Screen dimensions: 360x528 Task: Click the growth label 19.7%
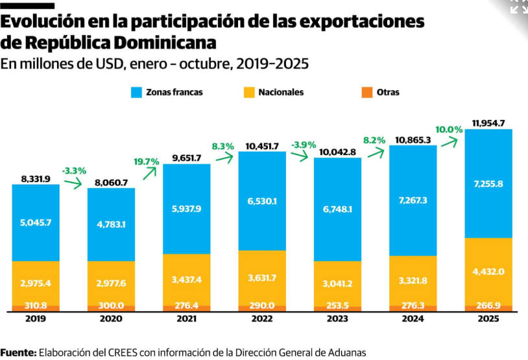146,162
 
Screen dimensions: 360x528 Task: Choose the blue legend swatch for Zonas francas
137,93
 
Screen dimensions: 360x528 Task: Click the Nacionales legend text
280,93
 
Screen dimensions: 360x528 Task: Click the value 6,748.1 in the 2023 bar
337,210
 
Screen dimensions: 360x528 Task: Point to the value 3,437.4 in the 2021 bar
187,279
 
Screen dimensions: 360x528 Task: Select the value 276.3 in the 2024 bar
413,304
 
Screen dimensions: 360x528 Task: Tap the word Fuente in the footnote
18,353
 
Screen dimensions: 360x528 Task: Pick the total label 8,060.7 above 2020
111,182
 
